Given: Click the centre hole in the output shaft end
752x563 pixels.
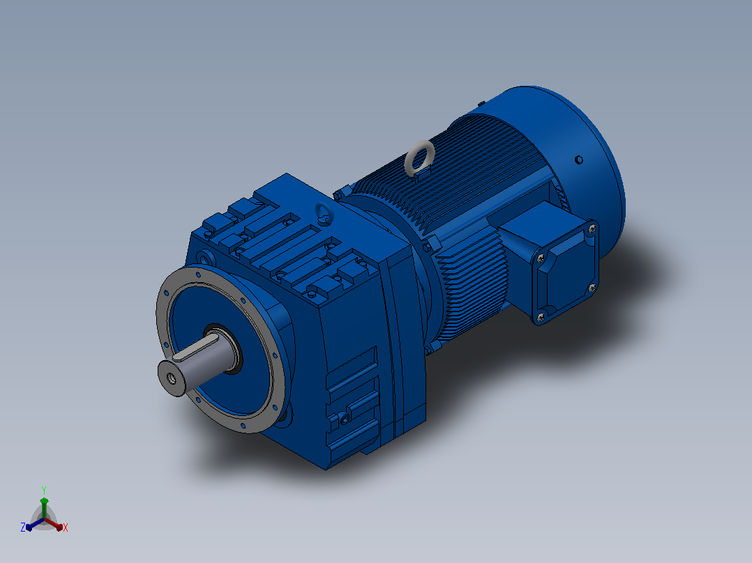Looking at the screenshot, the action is (x=171, y=378).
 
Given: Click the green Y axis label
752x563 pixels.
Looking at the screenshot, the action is (x=44, y=490).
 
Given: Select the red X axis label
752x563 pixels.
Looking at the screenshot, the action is (x=66, y=527).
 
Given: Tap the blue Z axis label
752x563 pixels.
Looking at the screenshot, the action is (x=22, y=527).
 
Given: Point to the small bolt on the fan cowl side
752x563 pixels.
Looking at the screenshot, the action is (x=578, y=160).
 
